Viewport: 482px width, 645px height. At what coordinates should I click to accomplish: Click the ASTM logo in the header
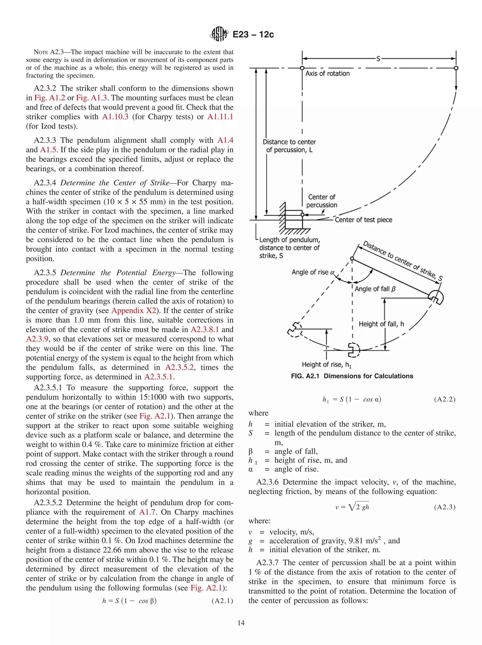tap(219, 34)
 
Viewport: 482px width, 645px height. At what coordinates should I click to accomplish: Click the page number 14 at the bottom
tap(241, 623)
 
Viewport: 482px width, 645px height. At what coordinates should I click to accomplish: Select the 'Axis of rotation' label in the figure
tap(327, 73)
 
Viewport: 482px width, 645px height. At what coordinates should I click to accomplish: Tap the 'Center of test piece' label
tap(363, 220)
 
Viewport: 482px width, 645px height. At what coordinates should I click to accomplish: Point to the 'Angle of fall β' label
tap(375, 289)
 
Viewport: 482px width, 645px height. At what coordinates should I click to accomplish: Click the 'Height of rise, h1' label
tap(326, 365)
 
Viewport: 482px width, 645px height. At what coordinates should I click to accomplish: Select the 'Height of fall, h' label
tap(381, 324)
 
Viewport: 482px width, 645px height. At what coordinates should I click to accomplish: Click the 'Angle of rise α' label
tap(313, 272)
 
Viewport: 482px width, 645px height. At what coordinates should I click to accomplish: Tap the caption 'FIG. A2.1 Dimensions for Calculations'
tap(352, 376)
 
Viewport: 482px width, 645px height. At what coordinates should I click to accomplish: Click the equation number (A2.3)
tap(444, 507)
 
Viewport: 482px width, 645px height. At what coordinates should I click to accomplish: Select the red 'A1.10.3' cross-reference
tap(115, 117)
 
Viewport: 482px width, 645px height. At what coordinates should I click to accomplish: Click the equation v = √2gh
tap(352, 507)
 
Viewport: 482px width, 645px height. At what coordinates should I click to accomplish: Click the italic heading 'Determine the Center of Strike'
tap(115, 183)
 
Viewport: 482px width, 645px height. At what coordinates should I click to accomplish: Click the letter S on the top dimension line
tap(378, 59)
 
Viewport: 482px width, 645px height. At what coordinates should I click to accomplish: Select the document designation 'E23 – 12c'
tap(253, 34)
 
